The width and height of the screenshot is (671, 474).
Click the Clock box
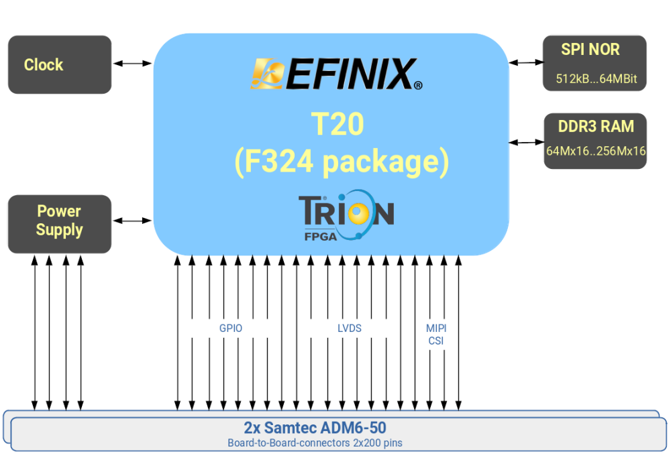pyautogui.click(x=59, y=64)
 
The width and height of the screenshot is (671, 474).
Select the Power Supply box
pyautogui.click(x=59, y=223)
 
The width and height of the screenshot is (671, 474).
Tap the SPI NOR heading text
pyautogui.click(x=590, y=50)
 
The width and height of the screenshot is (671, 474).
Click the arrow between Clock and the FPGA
pyautogui.click(x=132, y=64)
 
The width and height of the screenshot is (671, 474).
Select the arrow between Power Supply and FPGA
pyautogui.click(x=132, y=221)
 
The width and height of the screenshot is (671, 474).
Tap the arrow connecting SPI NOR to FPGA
pyautogui.click(x=526, y=62)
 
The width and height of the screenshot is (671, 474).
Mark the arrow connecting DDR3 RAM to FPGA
pyautogui.click(x=526, y=141)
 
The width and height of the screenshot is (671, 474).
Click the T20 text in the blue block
pyautogui.click(x=338, y=124)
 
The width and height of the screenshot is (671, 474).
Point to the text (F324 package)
pyautogui.click(x=342, y=163)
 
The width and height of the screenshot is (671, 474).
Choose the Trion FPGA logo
pyautogui.click(x=345, y=215)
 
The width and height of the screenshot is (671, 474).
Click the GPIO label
pyautogui.click(x=231, y=329)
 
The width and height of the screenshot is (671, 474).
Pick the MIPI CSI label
pyautogui.click(x=436, y=335)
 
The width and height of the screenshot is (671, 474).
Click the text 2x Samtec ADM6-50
pyautogui.click(x=315, y=428)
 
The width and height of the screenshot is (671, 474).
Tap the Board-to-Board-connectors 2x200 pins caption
pyautogui.click(x=315, y=443)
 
